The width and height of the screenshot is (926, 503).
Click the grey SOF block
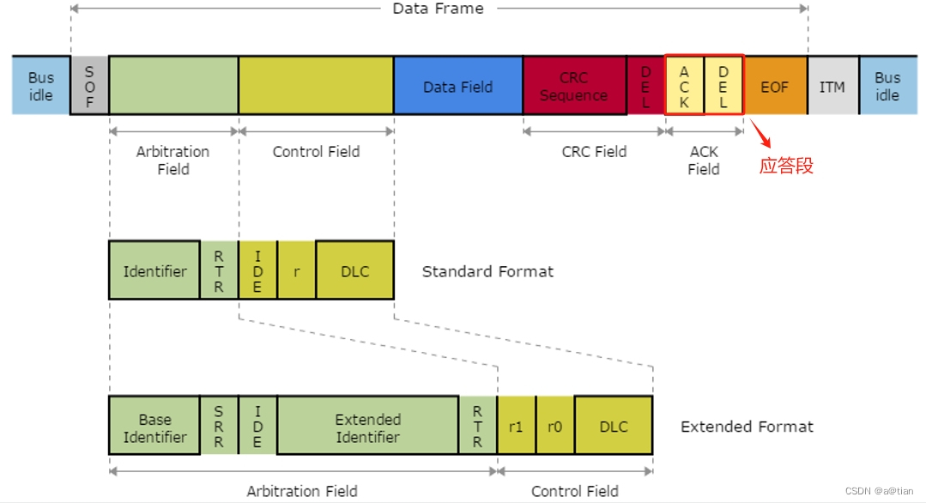pyautogui.click(x=89, y=85)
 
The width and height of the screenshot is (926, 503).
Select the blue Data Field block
pyautogui.click(x=457, y=86)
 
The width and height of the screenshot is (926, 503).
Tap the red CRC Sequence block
pyautogui.click(x=573, y=86)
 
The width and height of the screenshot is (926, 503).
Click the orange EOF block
pyautogui.click(x=775, y=86)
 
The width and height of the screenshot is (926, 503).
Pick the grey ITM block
pyautogui.click(x=832, y=86)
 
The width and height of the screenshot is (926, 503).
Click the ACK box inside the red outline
pyautogui.click(x=684, y=86)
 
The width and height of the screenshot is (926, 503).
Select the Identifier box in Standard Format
pyautogui.click(x=154, y=270)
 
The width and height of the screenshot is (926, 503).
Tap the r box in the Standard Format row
pyautogui.click(x=296, y=270)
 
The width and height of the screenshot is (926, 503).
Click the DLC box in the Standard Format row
pyautogui.click(x=354, y=270)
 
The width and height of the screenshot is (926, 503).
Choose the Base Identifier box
pyautogui.click(x=154, y=427)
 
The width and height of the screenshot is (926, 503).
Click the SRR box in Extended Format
pyautogui.click(x=219, y=427)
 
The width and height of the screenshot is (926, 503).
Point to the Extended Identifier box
pyautogui.click(x=367, y=427)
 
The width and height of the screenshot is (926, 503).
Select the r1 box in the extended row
pyautogui.click(x=516, y=427)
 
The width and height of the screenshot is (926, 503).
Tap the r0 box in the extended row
pyautogui.click(x=554, y=427)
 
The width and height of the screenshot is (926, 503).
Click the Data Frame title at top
pyautogui.click(x=438, y=9)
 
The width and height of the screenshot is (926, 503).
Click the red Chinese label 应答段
pyautogui.click(x=786, y=166)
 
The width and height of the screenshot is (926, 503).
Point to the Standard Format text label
pyautogui.click(x=487, y=271)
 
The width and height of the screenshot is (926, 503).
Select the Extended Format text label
pyautogui.click(x=747, y=426)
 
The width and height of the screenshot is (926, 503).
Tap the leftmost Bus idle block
pyautogui.click(x=40, y=86)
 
